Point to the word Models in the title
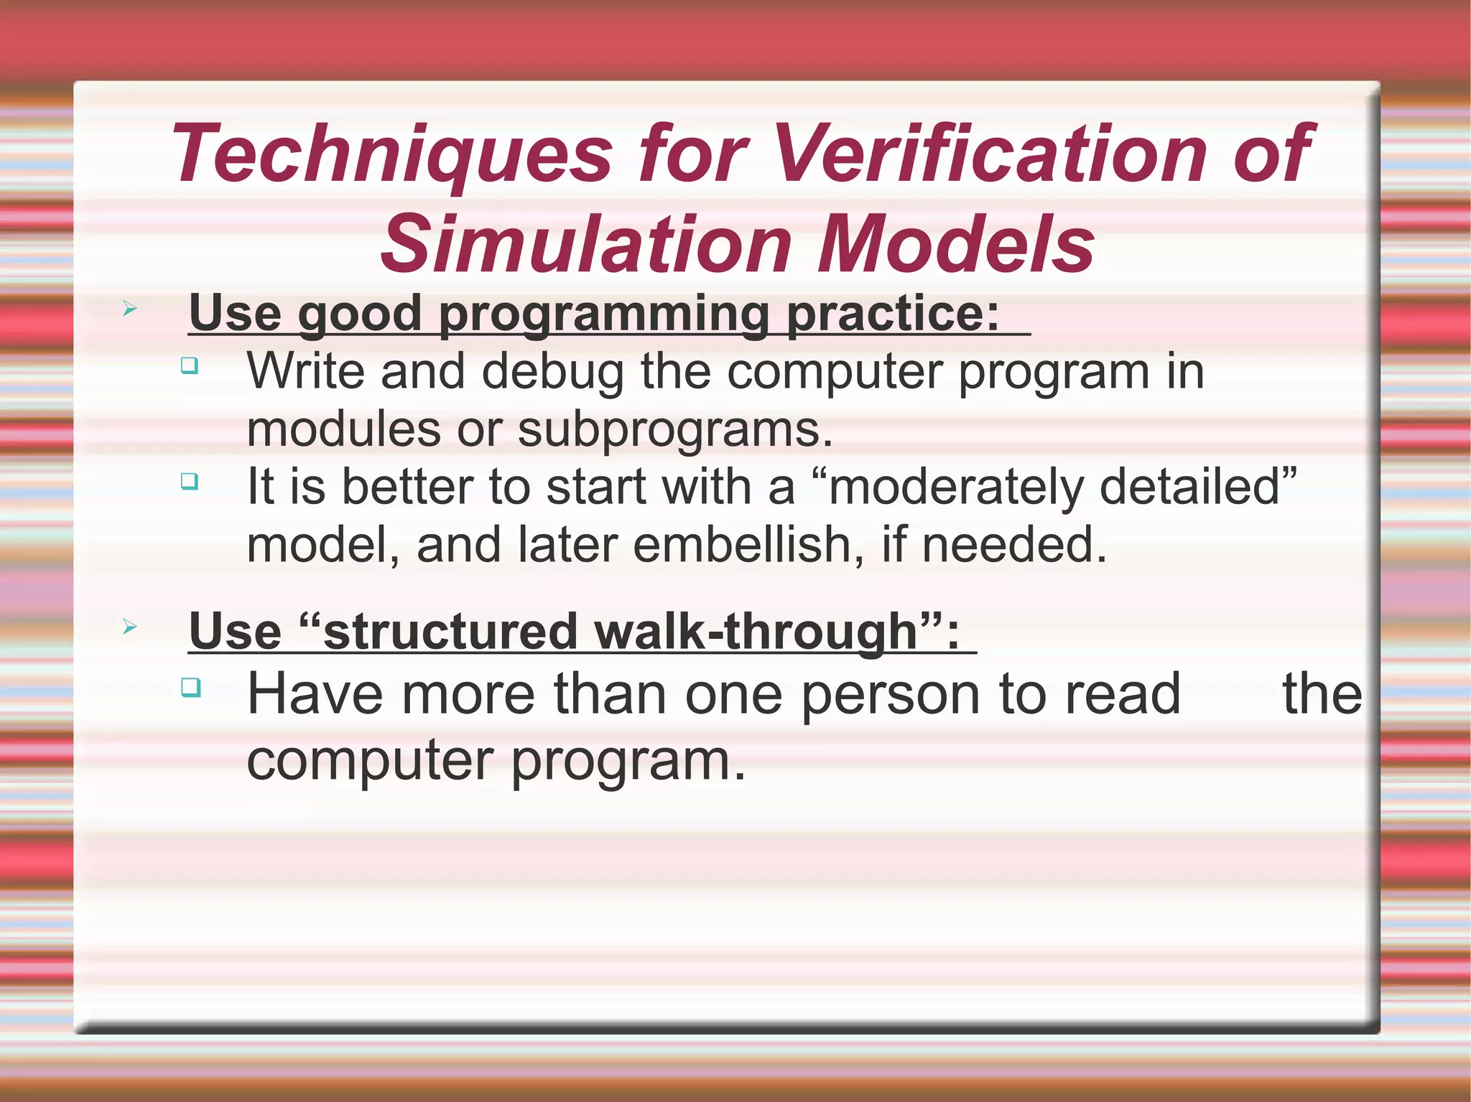pyautogui.click(x=955, y=245)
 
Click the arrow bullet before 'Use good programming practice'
pyautogui.click(x=129, y=309)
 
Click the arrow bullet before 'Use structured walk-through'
pyautogui.click(x=129, y=627)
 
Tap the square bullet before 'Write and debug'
pyautogui.click(x=190, y=365)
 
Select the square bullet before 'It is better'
pyautogui.click(x=190, y=480)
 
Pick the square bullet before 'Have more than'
pyautogui.click(x=190, y=687)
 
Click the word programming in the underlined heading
pyautogui.click(x=603, y=314)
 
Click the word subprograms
pyautogui.click(x=675, y=431)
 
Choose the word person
pyautogui.click(x=891, y=694)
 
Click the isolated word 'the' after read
pyautogui.click(x=1322, y=694)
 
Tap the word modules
pyautogui.click(x=343, y=429)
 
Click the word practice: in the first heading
pyautogui.click(x=893, y=314)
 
